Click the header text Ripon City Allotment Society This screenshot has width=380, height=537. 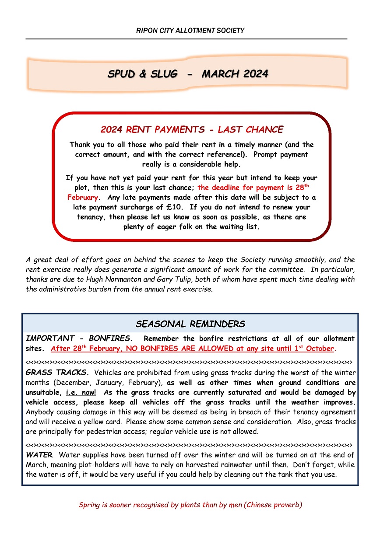point(190,31)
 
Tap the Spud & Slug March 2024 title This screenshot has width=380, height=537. point(188,74)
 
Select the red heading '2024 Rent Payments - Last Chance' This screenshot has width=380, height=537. point(192,129)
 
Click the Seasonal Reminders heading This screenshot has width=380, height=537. point(190,324)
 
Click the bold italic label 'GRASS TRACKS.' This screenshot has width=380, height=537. point(57,373)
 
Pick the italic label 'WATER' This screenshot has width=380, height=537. point(39,455)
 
